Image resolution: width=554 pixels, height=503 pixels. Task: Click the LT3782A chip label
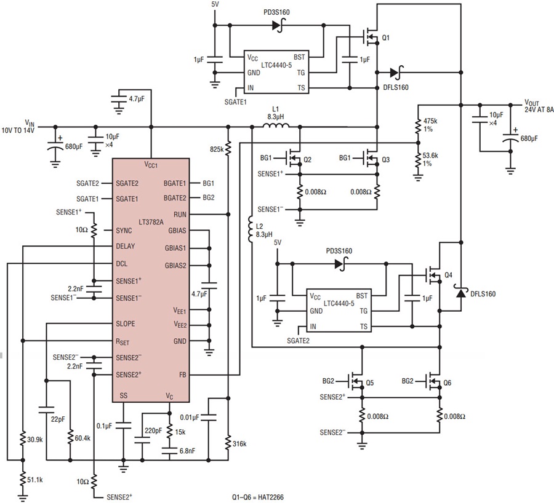tap(151, 222)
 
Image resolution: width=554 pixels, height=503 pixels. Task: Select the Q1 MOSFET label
tap(386, 38)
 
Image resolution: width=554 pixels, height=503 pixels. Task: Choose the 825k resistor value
tap(217, 149)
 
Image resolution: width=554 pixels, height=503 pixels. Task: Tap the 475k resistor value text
tap(430, 121)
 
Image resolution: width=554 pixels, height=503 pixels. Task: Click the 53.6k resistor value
tap(430, 156)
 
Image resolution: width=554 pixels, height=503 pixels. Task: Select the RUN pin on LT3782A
tap(180, 214)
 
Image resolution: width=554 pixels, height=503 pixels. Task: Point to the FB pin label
tap(182, 374)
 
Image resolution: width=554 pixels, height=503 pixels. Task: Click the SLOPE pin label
tap(126, 323)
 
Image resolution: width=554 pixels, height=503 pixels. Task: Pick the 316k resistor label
tap(239, 444)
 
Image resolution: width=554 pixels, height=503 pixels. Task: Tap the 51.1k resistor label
tap(35, 480)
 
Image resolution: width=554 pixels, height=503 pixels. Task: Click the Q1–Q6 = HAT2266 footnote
tap(258, 497)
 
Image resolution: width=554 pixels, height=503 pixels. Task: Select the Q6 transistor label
tap(448, 382)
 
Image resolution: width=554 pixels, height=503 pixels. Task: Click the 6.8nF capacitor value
tap(187, 451)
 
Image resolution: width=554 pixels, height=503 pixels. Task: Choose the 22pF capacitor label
tap(58, 420)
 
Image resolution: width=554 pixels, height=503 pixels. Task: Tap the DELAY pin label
tap(126, 246)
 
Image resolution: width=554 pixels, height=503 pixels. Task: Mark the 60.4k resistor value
tap(82, 438)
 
